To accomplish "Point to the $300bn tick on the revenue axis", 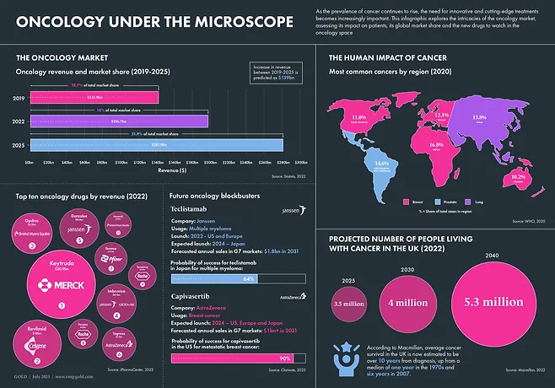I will coord(300,160).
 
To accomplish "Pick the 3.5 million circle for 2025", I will coord(348,303).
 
